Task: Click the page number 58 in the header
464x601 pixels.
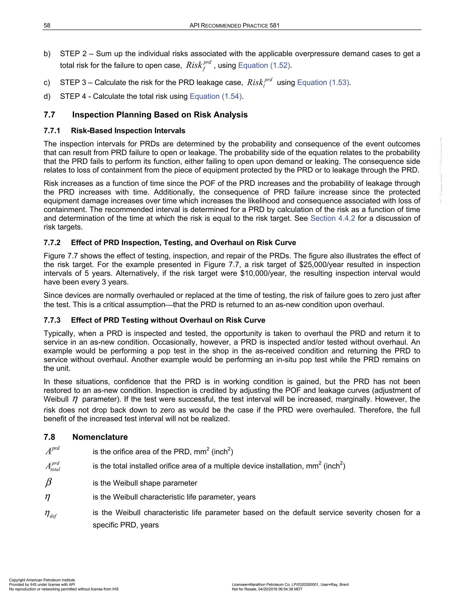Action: tap(47, 26)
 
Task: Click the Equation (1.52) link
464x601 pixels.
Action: tap(264, 66)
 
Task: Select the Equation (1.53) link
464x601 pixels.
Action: tap(323, 83)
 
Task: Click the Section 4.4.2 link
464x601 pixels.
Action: tap(333, 218)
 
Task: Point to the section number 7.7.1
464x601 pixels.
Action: tap(52, 131)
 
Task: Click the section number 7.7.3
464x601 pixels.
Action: tap(52, 320)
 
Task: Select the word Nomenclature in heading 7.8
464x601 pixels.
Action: tap(100, 437)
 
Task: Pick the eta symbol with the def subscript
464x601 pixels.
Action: tap(51, 513)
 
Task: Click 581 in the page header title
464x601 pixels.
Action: tap(274, 26)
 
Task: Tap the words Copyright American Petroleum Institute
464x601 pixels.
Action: tap(42, 580)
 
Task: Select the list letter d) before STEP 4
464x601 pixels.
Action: tap(47, 96)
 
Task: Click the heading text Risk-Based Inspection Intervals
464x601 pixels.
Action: tap(128, 131)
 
